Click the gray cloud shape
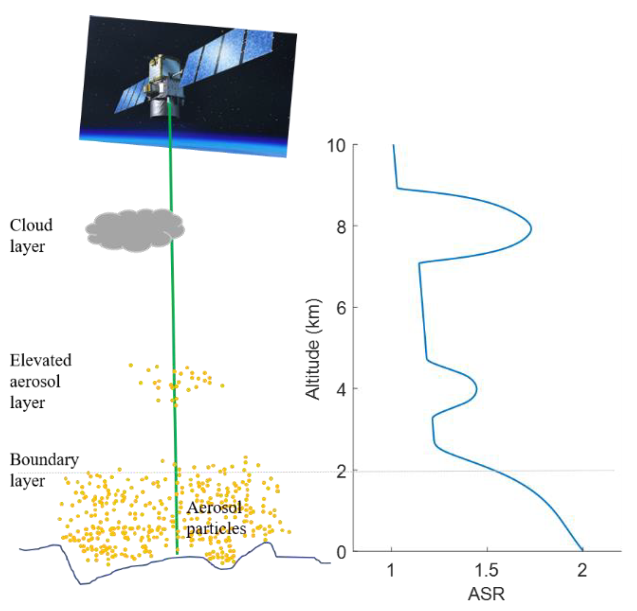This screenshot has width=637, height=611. tap(135, 230)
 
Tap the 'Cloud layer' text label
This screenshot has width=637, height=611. tap(31, 236)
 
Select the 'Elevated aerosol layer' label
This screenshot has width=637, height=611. tap(40, 381)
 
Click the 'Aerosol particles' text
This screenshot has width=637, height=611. tap(216, 519)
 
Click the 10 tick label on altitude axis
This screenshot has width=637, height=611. tap(336, 146)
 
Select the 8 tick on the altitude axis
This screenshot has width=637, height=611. tap(341, 227)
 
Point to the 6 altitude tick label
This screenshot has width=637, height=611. tap(341, 308)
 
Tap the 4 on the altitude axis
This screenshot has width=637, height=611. tap(341, 389)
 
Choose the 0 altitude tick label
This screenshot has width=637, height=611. tap(341, 552)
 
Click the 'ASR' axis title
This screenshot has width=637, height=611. tap(486, 594)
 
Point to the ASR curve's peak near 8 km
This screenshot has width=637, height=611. tap(531, 228)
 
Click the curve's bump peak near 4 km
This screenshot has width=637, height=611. tap(476, 389)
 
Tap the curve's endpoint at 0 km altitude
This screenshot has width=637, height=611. tap(582, 551)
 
